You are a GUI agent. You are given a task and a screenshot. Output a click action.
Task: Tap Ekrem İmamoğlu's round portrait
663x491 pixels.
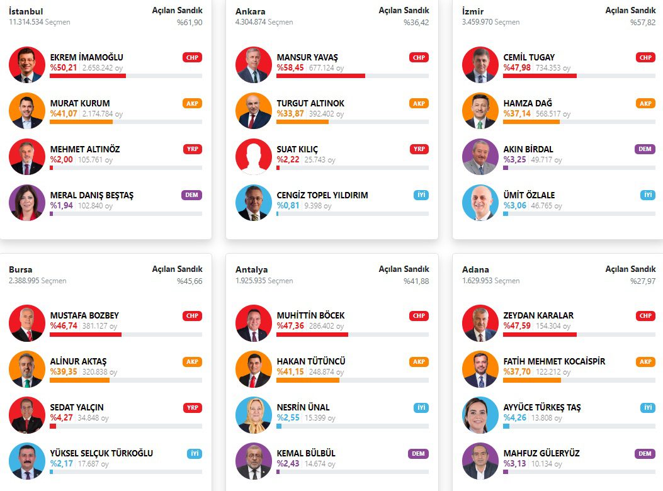point(27,65)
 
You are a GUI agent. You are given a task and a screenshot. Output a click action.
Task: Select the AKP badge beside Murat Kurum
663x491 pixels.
point(192,103)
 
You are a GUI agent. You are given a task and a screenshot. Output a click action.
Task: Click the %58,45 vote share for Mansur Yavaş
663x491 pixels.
point(290,67)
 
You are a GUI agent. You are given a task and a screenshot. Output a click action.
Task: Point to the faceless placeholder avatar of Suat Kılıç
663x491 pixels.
point(254,157)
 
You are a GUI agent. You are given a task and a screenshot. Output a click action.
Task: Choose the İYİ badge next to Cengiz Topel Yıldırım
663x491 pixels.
point(421,195)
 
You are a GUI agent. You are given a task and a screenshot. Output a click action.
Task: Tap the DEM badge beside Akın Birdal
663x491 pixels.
point(645,149)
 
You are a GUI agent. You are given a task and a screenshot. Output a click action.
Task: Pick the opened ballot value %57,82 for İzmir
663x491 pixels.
point(642,22)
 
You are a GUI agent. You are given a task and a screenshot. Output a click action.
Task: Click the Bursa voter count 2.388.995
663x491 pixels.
point(24,281)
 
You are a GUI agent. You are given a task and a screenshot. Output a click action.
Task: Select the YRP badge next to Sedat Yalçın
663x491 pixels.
point(192,407)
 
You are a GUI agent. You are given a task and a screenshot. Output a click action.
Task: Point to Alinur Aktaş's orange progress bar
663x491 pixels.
point(79,380)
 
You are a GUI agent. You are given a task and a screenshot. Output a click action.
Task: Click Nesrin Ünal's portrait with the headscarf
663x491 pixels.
point(254,415)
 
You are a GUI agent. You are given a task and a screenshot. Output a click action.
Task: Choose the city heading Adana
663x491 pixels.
point(475,269)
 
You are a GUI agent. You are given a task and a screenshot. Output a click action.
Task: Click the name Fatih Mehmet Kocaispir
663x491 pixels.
point(554,361)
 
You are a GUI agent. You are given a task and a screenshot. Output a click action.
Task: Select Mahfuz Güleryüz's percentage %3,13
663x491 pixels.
point(516,464)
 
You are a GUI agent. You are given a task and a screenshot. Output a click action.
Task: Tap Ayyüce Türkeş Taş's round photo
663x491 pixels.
point(480,415)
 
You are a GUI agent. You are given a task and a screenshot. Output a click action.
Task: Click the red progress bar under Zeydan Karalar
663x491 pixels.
point(540,334)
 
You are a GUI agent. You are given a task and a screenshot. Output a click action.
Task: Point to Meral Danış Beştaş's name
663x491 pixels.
point(92,195)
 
